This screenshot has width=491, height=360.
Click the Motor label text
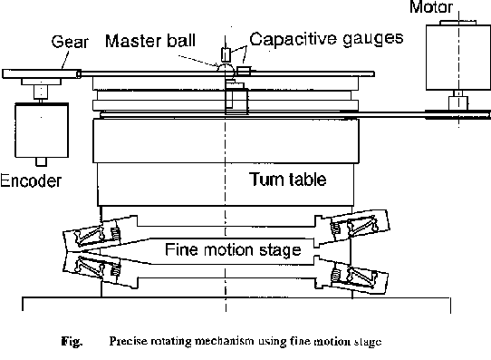pos(431,6)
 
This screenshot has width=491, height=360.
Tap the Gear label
pos(70,42)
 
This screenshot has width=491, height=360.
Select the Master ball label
pos(150,41)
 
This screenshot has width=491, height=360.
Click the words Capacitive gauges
pos(326,39)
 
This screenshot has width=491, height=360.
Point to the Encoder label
pos(31,180)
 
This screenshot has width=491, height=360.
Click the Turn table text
pos(288,180)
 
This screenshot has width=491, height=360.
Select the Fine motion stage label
pos(233,249)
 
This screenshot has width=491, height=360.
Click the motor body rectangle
pos(458,58)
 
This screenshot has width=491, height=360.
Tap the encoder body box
pos(42,131)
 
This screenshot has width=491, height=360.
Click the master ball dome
pos(226,69)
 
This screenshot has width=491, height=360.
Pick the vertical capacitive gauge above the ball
pos(226,54)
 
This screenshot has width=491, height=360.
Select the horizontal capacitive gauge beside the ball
pos(244,71)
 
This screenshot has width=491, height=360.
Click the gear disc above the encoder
pos(42,74)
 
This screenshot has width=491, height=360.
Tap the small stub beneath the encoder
pos(41,161)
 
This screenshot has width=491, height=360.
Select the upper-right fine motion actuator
pos(352,228)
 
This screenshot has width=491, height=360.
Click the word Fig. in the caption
pos(72,341)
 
